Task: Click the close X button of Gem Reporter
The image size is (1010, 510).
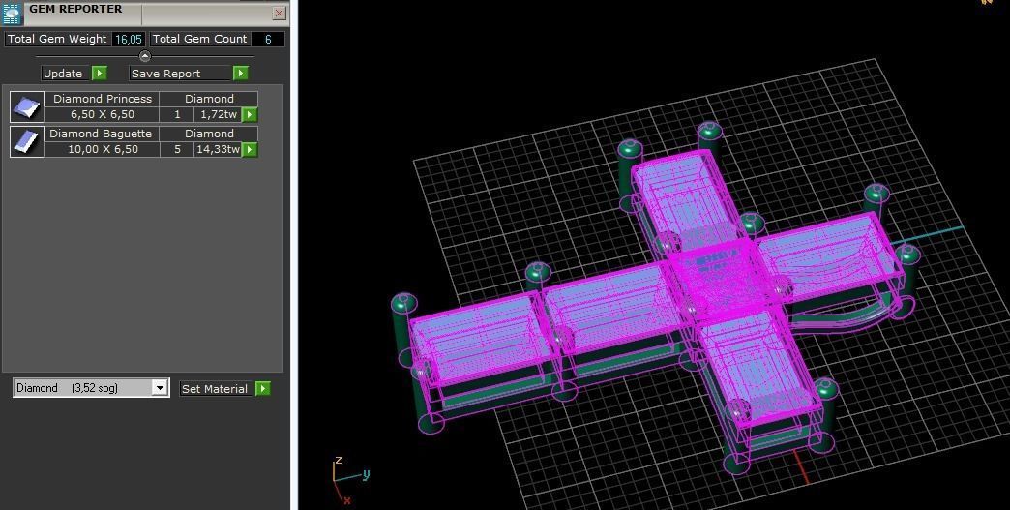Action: tap(279, 14)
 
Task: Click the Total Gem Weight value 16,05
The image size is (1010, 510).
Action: tap(128, 40)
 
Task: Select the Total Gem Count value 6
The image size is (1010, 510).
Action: tap(268, 40)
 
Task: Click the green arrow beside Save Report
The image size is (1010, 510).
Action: tap(240, 74)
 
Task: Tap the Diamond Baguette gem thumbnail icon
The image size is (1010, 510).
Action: tap(27, 141)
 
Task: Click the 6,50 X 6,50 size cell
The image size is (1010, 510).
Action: tap(102, 115)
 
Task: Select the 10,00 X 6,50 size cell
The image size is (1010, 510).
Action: tap(102, 150)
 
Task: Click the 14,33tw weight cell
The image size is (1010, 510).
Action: tap(218, 150)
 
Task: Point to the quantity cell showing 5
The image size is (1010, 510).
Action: tap(177, 150)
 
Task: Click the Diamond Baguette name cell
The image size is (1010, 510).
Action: tap(101, 134)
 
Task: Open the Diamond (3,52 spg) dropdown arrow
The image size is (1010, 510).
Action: tap(160, 388)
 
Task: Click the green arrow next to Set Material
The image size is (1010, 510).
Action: tap(262, 389)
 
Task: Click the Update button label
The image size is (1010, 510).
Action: tap(64, 74)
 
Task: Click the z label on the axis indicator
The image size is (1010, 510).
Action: tap(338, 461)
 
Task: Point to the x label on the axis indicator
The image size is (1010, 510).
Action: tap(346, 500)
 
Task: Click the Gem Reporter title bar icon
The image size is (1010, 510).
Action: tap(13, 14)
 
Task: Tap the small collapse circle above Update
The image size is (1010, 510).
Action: tap(145, 56)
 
